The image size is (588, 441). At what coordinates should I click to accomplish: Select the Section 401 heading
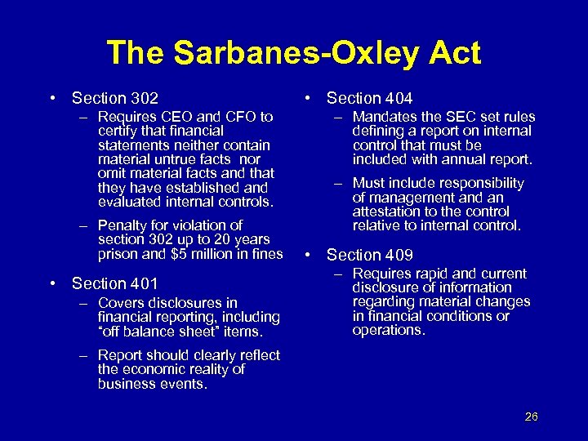point(114,283)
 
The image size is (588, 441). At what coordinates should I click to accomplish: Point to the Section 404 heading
point(369,98)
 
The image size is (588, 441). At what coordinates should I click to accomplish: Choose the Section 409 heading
point(369,255)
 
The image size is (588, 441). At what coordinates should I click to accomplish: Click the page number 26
point(531,416)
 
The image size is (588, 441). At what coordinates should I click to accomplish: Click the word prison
point(118,253)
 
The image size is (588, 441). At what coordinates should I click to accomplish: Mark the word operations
point(389,330)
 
